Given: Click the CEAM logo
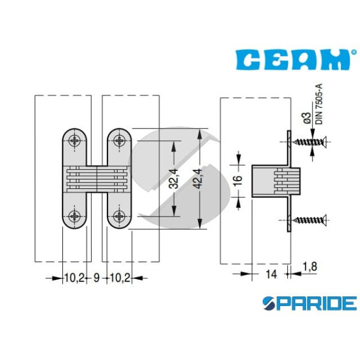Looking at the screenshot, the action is point(293,59).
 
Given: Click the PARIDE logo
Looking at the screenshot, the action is point(310,303).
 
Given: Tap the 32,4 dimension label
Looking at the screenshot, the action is point(173,178).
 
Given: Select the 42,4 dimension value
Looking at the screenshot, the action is point(198,178).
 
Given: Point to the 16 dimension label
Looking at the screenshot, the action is point(238,178).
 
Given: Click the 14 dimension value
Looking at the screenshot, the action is point(271,274).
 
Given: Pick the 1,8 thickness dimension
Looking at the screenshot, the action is point(310,266).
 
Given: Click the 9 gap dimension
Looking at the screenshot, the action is point(97,278).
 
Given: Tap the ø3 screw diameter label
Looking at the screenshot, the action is point(307,118).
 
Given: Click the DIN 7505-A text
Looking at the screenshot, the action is point(319,104).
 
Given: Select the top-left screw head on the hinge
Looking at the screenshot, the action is point(74,140).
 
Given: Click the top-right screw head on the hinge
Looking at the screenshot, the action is point(119,140).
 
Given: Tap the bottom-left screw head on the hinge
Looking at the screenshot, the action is point(74,216).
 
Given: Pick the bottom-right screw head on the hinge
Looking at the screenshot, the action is point(119,216).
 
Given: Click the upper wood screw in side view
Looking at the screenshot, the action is point(310,142).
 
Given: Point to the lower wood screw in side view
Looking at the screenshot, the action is point(310,220).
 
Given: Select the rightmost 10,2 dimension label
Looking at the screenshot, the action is point(120,278).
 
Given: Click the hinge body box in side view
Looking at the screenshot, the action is point(276,181).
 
